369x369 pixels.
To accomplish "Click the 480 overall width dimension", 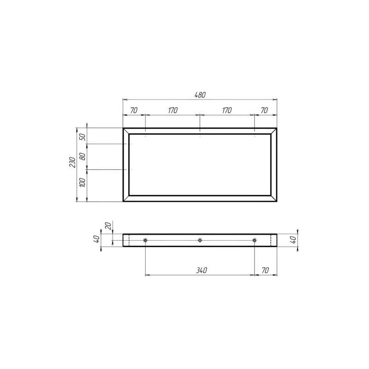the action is coord(200,95).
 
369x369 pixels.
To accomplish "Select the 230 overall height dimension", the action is coord(73,162).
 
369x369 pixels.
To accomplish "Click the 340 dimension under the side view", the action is coord(202,270).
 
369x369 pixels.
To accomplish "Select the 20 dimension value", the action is coord(108,226).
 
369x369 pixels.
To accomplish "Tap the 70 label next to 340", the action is coord(265,270).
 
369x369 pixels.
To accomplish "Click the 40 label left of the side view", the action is coord(96,239).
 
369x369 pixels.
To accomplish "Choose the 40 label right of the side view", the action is coord(293,240).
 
